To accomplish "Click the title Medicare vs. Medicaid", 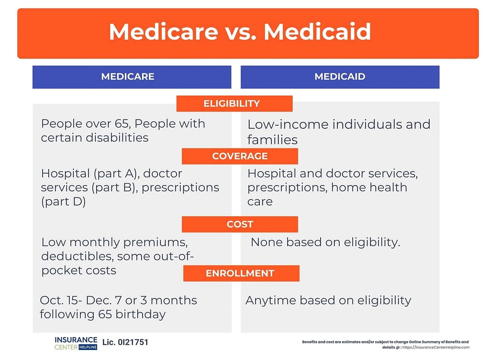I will point(240,32).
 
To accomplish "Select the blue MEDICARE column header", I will point(127,77).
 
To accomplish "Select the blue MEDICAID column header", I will point(340,77).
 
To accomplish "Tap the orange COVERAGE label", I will point(240,156).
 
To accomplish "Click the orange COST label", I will point(240,224).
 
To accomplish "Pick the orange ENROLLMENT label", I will point(240,273).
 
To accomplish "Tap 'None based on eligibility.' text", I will point(325,242).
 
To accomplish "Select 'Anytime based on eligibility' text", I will point(328,300).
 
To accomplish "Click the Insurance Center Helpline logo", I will point(76,343).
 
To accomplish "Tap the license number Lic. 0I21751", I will point(125,343).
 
